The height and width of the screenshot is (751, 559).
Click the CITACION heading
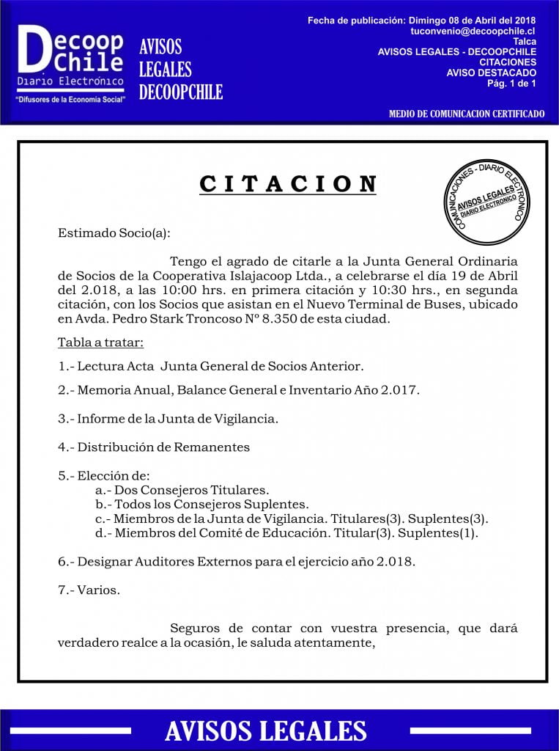(x=288, y=184)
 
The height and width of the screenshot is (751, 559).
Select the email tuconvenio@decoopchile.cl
(x=473, y=32)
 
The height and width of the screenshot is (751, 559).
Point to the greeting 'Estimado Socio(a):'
(x=114, y=233)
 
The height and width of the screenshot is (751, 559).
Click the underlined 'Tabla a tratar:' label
(x=100, y=342)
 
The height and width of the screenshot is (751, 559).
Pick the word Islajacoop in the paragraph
(x=256, y=276)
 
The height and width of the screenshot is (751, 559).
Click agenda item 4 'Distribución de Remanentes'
(x=163, y=447)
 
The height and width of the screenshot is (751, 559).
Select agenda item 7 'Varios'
(x=99, y=590)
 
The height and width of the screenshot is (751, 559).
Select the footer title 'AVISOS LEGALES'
(x=266, y=730)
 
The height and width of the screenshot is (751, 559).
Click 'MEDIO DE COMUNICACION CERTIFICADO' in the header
(x=467, y=114)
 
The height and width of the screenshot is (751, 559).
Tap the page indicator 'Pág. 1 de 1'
(x=511, y=83)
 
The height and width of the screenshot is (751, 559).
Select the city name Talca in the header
(x=525, y=42)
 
